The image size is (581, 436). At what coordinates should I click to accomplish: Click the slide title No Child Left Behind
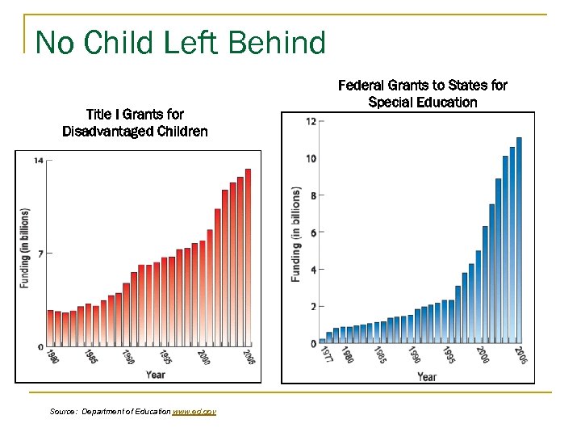coord(181,43)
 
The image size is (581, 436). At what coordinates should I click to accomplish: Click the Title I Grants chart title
coord(135,123)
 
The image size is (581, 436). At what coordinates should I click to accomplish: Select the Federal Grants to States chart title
coord(422,94)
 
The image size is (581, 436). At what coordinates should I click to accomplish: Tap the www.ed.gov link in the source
coord(194,412)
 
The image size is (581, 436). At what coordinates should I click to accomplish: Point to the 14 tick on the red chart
coord(38,161)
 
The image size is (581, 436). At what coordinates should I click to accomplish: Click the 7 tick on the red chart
coord(38,254)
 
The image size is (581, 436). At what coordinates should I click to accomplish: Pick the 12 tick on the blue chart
coord(311,122)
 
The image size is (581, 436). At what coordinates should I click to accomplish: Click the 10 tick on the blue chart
coord(311,159)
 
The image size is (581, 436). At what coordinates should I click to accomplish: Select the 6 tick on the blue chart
coord(311,233)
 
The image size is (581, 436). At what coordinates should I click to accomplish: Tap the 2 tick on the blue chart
coord(311,307)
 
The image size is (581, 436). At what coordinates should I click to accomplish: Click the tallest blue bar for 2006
coord(519,240)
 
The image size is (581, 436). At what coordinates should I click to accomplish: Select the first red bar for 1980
coord(50,328)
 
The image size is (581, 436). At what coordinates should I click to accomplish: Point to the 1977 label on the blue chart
coord(325,355)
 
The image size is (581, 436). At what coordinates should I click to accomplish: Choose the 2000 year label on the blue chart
coord(481,354)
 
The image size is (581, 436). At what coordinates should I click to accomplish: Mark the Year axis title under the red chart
coord(156,374)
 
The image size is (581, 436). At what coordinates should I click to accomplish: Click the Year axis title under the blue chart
coord(427,376)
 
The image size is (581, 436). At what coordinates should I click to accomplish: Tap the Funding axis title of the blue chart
coord(296,234)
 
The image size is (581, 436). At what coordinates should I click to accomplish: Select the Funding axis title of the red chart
coord(24,248)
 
